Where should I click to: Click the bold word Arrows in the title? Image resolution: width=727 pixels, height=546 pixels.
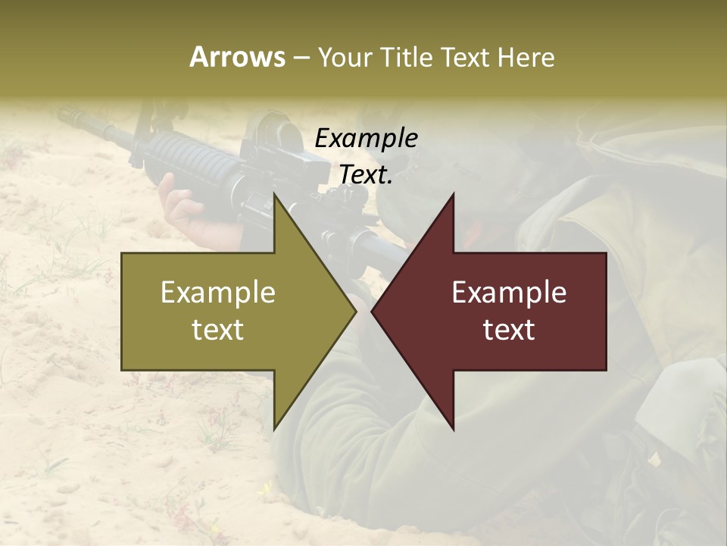(236, 57)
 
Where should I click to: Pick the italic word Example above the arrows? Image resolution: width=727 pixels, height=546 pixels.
(366, 138)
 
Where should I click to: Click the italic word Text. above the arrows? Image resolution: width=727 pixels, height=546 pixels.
(366, 174)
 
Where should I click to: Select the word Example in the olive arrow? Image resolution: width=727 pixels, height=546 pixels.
(218, 292)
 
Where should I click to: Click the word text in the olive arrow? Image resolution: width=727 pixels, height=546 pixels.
(218, 329)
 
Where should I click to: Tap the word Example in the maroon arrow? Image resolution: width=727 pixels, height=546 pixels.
(509, 292)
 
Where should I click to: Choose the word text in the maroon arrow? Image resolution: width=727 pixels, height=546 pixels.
(509, 329)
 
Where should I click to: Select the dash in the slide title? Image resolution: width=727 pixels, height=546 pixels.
(300, 58)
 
